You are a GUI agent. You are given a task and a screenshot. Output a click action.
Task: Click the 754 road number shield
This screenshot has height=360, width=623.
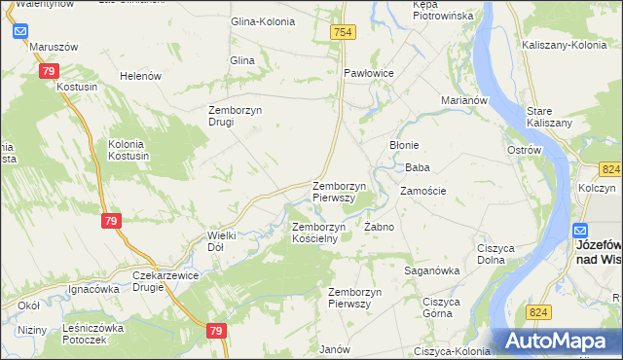(x=343, y=33)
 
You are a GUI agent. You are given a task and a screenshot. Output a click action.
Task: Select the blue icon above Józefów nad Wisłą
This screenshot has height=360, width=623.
(x=580, y=232)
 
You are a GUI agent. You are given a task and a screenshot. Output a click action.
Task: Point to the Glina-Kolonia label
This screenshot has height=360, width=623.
(x=262, y=21)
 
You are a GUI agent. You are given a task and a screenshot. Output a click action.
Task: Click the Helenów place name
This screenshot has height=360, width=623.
(x=139, y=76)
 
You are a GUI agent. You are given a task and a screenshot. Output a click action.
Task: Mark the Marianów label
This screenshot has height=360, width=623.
(x=463, y=100)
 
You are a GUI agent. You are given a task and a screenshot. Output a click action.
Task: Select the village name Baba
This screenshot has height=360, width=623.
(x=418, y=167)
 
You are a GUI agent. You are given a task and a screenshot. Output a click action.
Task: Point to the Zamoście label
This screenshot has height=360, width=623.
(x=422, y=191)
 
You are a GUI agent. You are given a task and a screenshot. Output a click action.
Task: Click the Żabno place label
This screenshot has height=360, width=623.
(x=379, y=227)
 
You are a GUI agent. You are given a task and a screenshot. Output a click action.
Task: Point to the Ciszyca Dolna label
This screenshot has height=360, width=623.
(x=495, y=254)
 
